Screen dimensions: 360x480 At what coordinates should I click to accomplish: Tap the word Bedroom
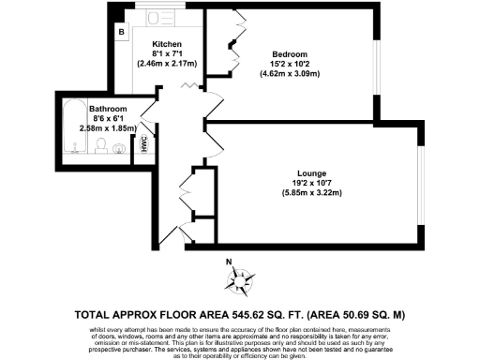[x=290, y=53]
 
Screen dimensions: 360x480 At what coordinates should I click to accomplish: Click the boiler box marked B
[x=121, y=31]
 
